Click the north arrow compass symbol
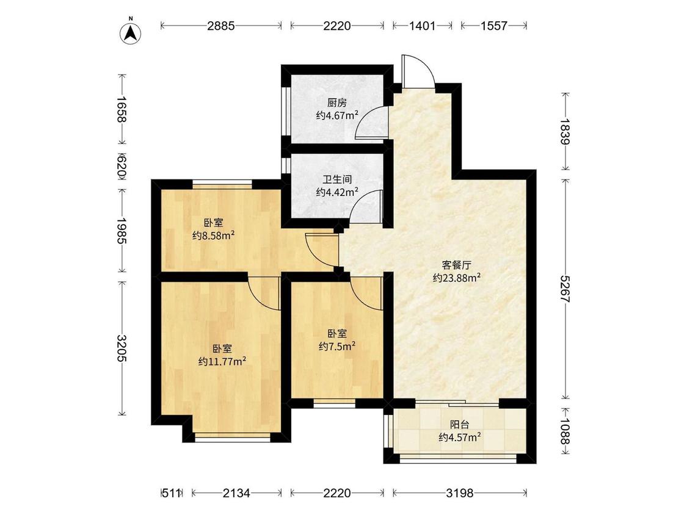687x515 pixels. (x=129, y=32)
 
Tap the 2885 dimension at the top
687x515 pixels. (x=221, y=26)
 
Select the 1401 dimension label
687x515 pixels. (x=423, y=26)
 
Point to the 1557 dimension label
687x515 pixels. (x=494, y=26)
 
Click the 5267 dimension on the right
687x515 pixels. (x=565, y=289)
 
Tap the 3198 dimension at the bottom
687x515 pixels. (x=460, y=493)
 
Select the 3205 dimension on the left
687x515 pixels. (x=122, y=348)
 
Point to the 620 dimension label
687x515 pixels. (x=122, y=166)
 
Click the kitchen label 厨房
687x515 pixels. (x=337, y=103)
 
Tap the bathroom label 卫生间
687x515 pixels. (x=337, y=179)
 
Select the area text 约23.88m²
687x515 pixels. (x=457, y=278)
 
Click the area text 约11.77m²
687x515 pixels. (x=222, y=361)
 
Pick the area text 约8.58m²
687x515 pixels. (x=213, y=236)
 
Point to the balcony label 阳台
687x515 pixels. (x=460, y=424)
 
